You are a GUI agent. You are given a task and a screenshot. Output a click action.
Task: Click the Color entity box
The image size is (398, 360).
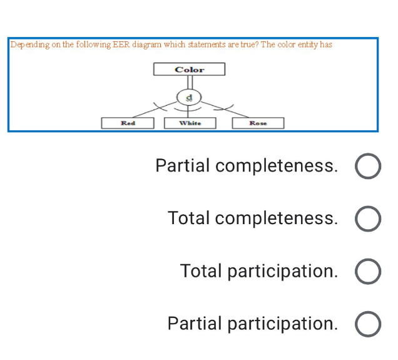189,69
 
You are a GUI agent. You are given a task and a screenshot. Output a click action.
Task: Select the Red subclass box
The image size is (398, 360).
128,123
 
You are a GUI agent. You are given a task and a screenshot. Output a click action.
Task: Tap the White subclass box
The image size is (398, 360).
190,123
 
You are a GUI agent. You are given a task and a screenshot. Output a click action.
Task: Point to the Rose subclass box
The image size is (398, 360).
258,123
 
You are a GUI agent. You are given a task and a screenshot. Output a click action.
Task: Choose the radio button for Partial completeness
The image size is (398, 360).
368,167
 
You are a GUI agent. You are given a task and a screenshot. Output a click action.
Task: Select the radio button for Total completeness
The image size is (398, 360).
368,220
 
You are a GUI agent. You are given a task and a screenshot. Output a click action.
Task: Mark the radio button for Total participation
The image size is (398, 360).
368,272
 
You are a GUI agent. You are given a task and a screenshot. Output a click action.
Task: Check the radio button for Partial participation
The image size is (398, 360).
368,325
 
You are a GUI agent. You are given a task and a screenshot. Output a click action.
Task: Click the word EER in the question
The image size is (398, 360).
120,45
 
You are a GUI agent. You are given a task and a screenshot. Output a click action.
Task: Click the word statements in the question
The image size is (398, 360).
202,45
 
